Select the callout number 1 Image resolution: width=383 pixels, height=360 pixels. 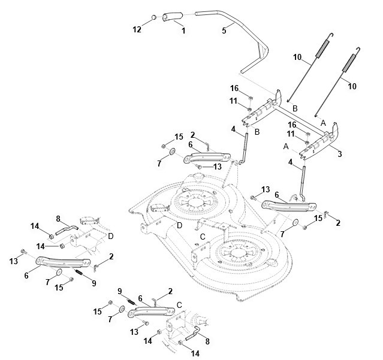point(183,30)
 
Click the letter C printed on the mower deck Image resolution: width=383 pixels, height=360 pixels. point(203,237)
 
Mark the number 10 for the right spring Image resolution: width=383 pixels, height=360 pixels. point(352,86)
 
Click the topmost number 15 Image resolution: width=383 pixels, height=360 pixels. point(179,138)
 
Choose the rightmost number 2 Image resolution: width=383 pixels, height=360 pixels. point(338,222)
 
